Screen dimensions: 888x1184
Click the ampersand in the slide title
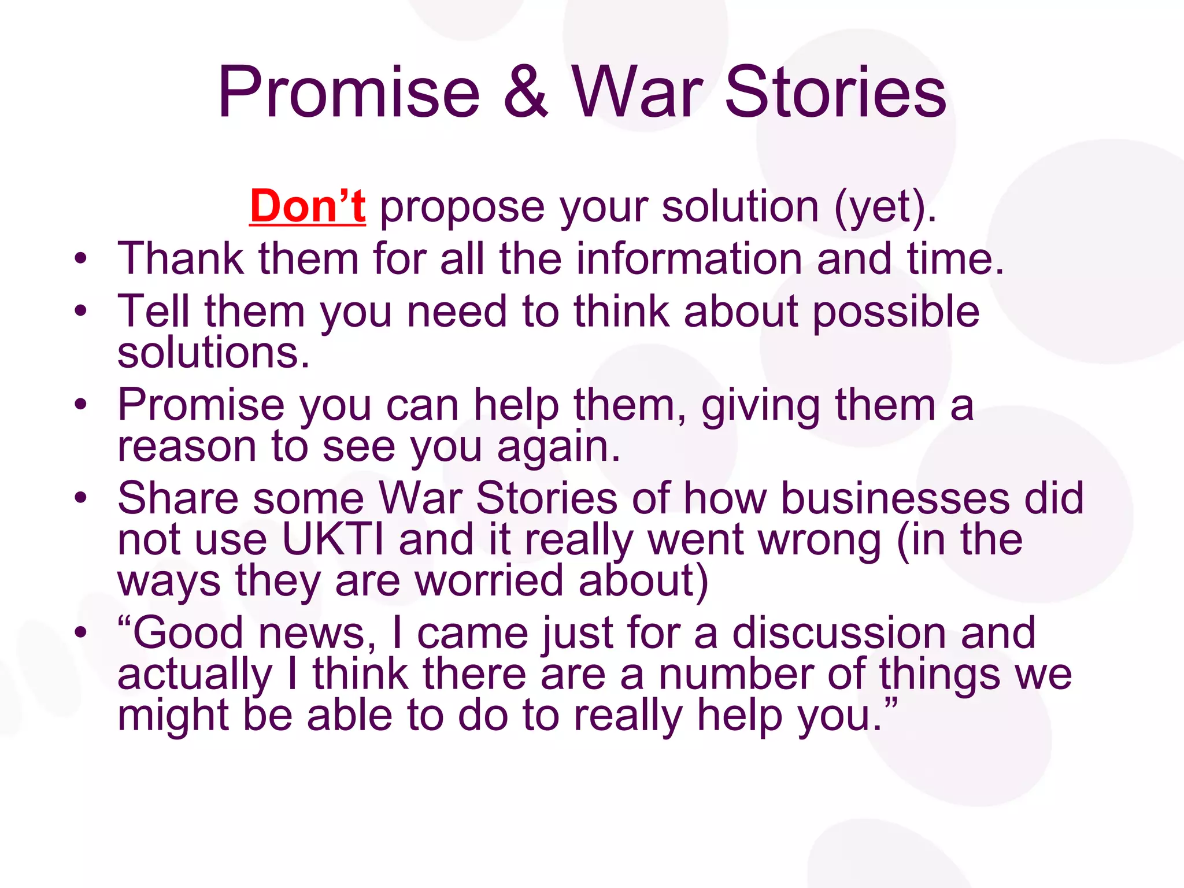525,92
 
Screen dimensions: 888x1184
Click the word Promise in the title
349,92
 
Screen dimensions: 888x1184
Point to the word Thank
180,258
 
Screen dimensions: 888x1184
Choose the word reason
187,447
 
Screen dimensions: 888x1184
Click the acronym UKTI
332,539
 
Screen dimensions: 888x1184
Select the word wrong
819,541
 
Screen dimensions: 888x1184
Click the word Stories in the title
835,92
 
